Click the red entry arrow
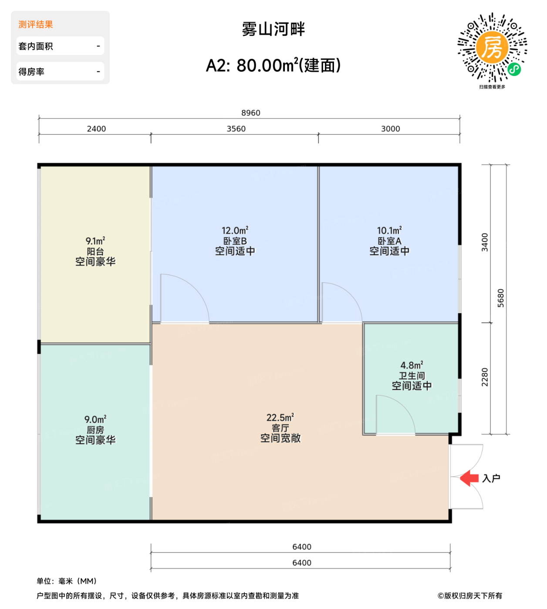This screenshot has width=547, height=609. [469, 478]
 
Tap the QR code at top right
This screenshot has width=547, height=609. [492, 47]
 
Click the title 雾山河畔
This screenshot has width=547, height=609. [273, 30]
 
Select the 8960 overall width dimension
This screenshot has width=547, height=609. [251, 113]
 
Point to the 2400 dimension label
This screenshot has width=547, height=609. [96, 129]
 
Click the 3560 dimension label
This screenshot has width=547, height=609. [236, 129]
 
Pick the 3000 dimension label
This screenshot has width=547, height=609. [390, 129]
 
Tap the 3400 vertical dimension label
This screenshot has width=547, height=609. [485, 242]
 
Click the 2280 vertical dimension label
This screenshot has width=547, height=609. [485, 377]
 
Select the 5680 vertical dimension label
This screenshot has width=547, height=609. [501, 298]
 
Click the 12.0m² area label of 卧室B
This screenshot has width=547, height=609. [235, 231]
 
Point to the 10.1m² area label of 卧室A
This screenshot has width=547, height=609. [389, 231]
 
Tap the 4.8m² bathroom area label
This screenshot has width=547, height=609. [412, 365]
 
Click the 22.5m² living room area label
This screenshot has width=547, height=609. [280, 418]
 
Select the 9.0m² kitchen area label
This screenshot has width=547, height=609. [95, 419]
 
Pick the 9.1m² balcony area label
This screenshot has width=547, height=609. [95, 241]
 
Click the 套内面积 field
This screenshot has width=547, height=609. [60, 46]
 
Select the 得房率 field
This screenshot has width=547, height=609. [60, 72]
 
